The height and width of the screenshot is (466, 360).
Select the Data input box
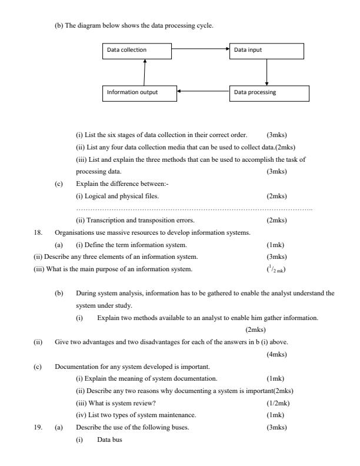coord(267,50)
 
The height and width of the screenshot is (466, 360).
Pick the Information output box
coord(139,92)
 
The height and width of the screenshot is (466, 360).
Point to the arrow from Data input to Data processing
coord(268,72)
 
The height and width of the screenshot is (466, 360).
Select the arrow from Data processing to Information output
coord(203,92)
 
